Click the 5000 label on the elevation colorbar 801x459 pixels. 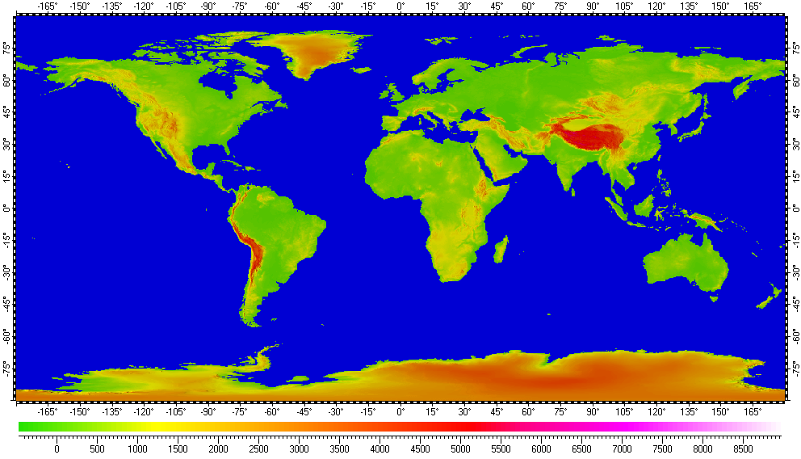460,448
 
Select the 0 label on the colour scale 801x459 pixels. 57,448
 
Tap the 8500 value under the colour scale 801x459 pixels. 743,448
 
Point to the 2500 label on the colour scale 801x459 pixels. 258,448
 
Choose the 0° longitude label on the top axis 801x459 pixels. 400,6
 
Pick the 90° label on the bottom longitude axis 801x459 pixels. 593,411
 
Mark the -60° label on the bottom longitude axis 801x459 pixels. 271,411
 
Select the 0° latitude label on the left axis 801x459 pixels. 6,208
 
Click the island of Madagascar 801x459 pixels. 501,249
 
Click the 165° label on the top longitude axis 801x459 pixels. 753,6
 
